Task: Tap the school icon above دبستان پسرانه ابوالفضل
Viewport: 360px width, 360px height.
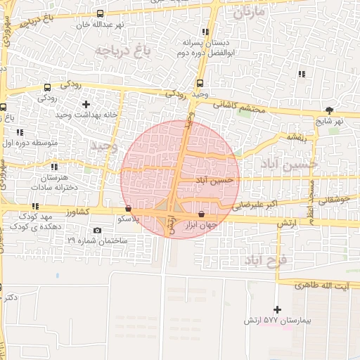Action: point(205,32)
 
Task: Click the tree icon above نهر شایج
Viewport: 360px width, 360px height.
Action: point(329,110)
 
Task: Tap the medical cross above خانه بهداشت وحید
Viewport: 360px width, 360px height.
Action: point(86,104)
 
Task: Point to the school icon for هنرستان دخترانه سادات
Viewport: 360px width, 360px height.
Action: point(54,167)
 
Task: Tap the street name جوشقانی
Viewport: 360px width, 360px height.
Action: point(333,200)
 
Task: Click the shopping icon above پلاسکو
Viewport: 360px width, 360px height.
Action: point(127,209)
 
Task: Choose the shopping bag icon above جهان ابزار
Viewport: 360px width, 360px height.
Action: point(202,214)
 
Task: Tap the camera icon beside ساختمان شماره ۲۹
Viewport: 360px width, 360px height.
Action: point(97,231)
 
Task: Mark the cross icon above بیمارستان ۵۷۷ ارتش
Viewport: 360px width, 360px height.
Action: point(277,309)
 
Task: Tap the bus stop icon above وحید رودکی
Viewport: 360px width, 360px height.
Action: point(200,83)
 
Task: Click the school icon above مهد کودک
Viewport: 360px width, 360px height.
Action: point(35,205)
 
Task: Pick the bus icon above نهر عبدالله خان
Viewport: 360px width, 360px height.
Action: point(100,13)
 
